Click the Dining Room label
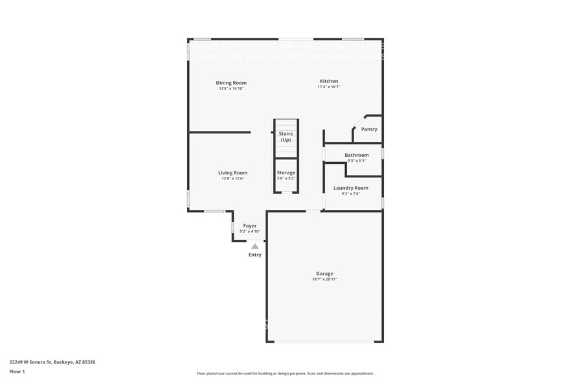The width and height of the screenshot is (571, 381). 231,82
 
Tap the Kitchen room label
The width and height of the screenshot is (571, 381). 329,81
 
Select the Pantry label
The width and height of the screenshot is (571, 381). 369,129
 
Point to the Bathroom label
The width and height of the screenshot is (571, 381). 357,155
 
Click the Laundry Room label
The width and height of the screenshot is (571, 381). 351,188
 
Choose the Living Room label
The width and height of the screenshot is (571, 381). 232,172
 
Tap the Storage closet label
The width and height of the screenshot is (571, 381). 286,172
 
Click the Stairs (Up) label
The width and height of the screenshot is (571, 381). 285,137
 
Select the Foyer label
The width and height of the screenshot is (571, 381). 250,225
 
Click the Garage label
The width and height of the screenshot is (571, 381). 324,273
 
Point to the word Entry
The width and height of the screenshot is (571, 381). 255,255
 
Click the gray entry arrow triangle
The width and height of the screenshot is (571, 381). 255,246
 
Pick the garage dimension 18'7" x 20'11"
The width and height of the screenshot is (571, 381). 324,279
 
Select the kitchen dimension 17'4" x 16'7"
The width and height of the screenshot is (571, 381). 329,87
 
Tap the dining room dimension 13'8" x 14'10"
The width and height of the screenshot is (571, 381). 231,88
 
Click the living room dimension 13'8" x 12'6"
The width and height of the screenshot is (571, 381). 232,178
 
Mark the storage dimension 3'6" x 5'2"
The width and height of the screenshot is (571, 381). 286,178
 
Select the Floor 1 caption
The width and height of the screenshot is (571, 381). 17,371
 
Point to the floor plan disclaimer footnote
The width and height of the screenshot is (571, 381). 285,373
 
